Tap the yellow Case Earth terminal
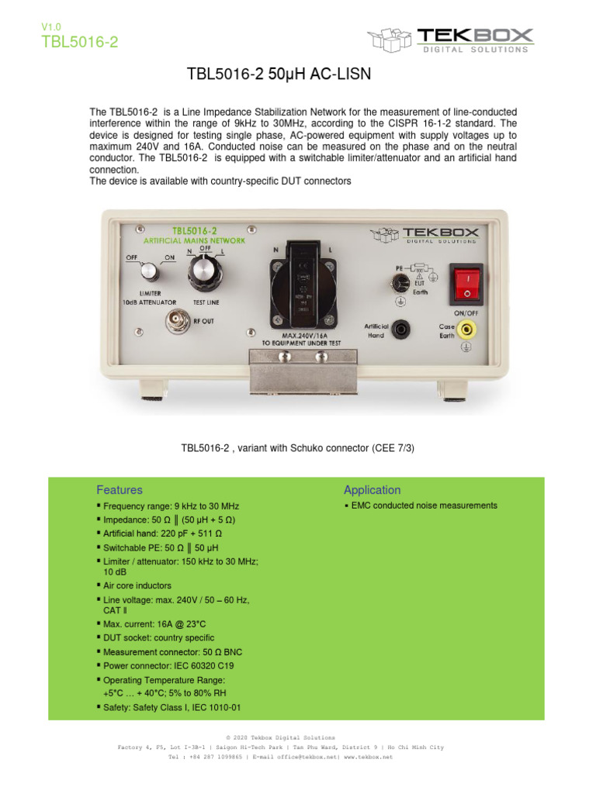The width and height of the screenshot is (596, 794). pyautogui.click(x=466, y=330)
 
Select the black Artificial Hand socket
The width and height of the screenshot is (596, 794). pyautogui.click(x=402, y=330)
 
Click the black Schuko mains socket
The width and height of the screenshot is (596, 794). pyautogui.click(x=303, y=280)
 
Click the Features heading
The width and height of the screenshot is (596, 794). pyautogui.click(x=120, y=490)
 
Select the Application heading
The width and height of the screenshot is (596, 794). pyautogui.click(x=372, y=490)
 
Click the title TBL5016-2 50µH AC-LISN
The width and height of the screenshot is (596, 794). pyautogui.click(x=279, y=74)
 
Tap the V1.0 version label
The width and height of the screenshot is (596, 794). pyautogui.click(x=50, y=27)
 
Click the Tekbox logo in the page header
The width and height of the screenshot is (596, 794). pyautogui.click(x=450, y=39)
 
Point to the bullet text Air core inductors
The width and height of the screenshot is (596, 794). pyautogui.click(x=139, y=585)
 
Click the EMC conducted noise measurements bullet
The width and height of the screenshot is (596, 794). pyautogui.click(x=424, y=506)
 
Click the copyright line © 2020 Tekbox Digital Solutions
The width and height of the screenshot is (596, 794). pyautogui.click(x=280, y=737)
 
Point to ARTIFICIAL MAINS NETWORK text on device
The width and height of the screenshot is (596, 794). pyautogui.click(x=195, y=240)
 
